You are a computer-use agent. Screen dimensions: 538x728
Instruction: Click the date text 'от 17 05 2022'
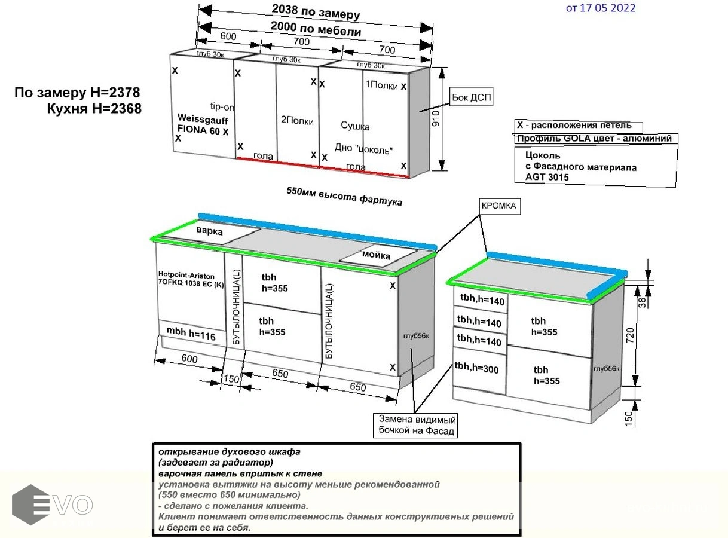[x=600, y=8]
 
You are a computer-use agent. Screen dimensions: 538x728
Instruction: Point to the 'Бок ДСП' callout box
[x=472, y=96]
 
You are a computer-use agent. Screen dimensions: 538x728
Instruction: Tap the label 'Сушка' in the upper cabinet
[x=355, y=126]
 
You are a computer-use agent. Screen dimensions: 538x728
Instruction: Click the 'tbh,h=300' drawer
[x=476, y=369]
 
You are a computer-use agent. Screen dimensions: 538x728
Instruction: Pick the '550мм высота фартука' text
[x=344, y=197]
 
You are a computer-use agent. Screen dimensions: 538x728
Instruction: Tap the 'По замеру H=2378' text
[x=78, y=93]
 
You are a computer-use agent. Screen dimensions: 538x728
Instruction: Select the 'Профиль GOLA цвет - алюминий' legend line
[x=594, y=139]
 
